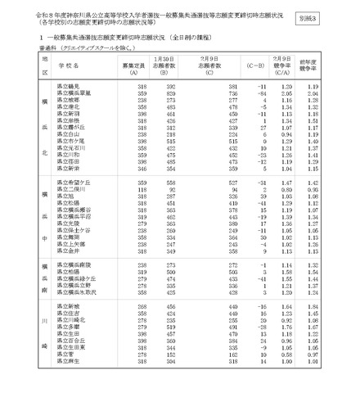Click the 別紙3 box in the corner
(x=330, y=16)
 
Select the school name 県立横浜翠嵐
(x=74, y=94)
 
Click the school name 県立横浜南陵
(x=74, y=265)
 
